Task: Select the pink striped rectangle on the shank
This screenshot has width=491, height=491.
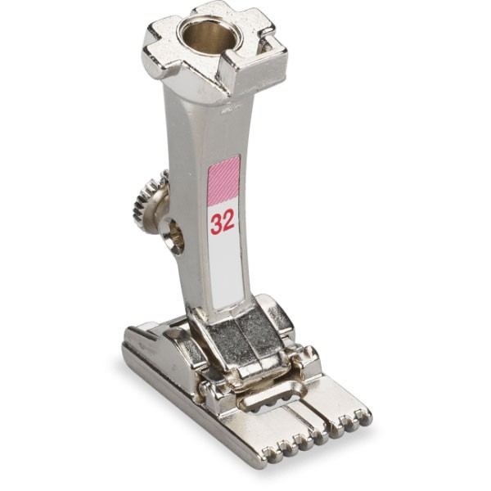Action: tap(224, 181)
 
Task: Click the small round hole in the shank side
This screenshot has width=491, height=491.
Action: tap(173, 234)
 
